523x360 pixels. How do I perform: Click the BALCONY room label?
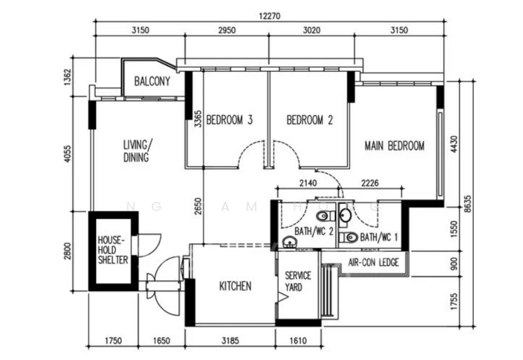(x=152, y=82)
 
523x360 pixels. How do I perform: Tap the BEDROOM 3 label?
(x=229, y=120)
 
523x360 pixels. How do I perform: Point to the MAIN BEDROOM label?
(x=394, y=146)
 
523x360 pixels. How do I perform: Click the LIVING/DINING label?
(x=137, y=150)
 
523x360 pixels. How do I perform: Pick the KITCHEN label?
(x=235, y=286)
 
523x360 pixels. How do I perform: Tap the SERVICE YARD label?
(x=298, y=282)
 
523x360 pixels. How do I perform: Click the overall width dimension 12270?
(x=269, y=14)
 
